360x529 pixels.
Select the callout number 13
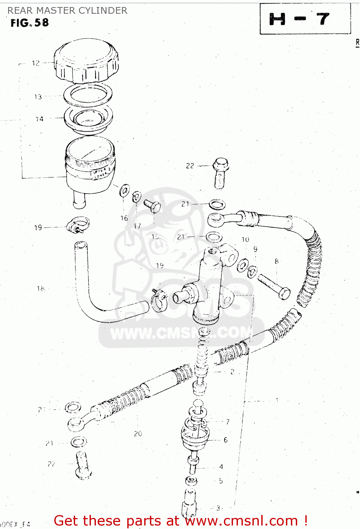click(38, 97)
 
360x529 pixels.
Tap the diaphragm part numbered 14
click(88, 120)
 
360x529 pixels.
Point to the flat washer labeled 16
click(124, 190)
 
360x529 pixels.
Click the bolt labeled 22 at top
click(220, 173)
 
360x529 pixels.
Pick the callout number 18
click(41, 289)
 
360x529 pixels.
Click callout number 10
click(245, 239)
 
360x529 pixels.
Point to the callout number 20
click(138, 434)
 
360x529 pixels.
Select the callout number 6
click(226, 440)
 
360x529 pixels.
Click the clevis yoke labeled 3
click(189, 503)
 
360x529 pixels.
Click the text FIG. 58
click(30, 23)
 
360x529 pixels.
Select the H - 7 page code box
click(305, 19)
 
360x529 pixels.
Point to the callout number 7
click(228, 421)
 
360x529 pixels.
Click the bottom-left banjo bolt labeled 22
click(83, 466)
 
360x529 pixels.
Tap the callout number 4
click(221, 467)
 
